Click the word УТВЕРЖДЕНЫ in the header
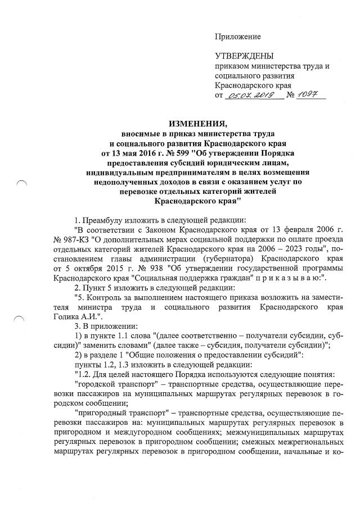[244, 56]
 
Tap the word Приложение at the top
[238, 37]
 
